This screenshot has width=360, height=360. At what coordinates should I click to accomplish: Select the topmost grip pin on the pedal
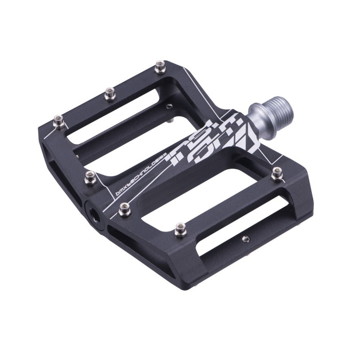pos(159,68)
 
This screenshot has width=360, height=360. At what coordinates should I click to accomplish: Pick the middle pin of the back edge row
pos(109,93)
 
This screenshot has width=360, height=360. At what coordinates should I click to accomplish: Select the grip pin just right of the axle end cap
pos(124,207)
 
